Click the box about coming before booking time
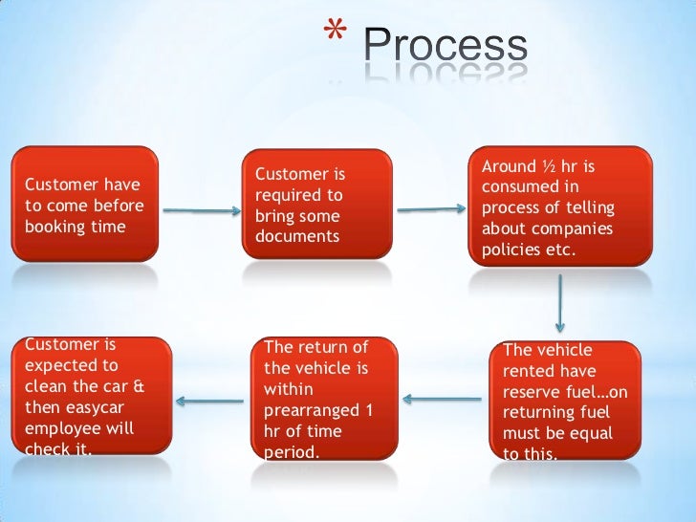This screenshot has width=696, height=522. [85, 204]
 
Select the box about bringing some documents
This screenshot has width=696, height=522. [315, 204]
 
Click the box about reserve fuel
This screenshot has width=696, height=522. [566, 400]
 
